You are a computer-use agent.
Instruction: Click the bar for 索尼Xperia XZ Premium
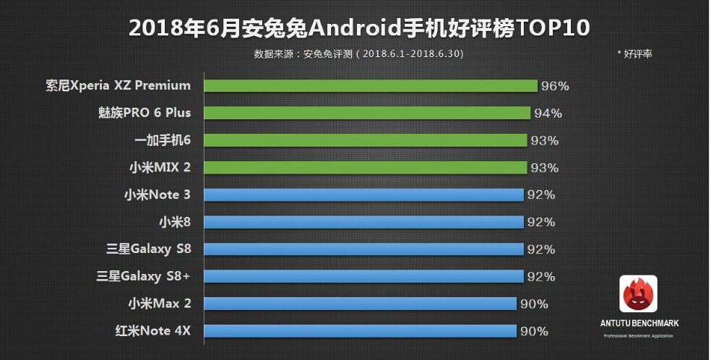click(x=370, y=86)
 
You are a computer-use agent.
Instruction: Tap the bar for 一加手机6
click(x=365, y=140)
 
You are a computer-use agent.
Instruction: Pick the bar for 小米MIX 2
click(x=365, y=168)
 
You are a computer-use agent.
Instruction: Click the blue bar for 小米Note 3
click(x=363, y=194)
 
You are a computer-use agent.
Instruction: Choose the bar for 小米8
click(x=363, y=222)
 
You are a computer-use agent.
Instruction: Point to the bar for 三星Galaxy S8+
click(x=363, y=276)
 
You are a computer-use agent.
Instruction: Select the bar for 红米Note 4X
click(x=360, y=331)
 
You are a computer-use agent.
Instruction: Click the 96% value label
click(x=555, y=86)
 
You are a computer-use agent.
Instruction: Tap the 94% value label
click(x=548, y=113)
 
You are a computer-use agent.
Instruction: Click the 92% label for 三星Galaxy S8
click(x=540, y=249)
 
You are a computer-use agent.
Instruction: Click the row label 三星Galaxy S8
click(x=148, y=249)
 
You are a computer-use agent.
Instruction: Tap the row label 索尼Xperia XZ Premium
click(x=118, y=85)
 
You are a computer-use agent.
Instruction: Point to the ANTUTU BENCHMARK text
click(x=638, y=323)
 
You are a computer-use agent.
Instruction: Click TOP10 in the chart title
click(x=551, y=27)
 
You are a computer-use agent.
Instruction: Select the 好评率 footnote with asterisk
click(x=634, y=54)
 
